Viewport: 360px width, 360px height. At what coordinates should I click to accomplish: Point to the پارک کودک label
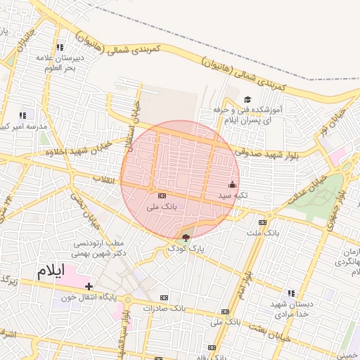point(186,249)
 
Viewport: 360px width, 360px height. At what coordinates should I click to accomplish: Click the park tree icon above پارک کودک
point(186,237)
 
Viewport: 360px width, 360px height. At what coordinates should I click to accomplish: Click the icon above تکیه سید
point(233,184)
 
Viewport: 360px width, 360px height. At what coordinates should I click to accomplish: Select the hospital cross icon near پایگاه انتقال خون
point(89,286)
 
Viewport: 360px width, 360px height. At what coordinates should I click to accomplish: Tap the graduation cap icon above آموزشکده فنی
point(247,100)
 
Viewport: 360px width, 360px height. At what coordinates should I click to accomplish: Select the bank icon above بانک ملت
point(262,221)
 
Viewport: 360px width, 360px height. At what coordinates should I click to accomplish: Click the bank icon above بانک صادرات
point(165,297)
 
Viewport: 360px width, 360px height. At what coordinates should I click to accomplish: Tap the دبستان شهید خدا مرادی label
point(292,308)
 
